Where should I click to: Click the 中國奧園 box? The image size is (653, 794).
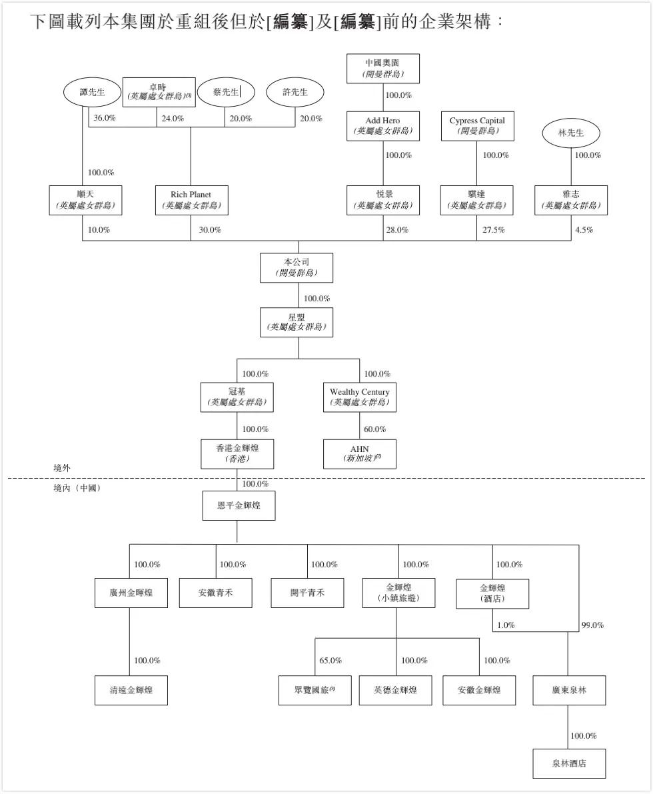coord(382,69)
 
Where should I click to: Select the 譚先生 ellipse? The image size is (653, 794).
coord(93,92)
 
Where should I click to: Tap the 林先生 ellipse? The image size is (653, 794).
coord(570,133)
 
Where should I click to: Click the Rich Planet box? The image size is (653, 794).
coord(191,200)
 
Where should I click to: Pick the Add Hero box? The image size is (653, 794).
coord(382,125)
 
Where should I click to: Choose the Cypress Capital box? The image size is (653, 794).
coord(477,125)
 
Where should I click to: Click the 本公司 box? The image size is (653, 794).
coord(296,267)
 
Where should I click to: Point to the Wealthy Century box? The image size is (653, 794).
coord(359,397)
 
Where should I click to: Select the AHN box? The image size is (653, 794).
coord(359,454)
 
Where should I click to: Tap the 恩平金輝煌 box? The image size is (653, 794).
coord(239,505)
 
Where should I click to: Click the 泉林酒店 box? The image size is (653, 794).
coord(569,763)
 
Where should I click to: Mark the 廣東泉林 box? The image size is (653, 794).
coord(569,690)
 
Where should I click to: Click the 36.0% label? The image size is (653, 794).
coord(105,119)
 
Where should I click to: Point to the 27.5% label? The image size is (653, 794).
coord(494,230)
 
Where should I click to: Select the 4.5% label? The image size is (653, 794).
coord(584,230)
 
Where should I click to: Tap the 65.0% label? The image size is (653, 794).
coord(330,661)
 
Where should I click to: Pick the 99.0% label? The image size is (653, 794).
coord(592,625)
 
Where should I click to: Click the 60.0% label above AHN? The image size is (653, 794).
coord(374,429)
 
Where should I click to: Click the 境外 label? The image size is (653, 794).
coord(62,468)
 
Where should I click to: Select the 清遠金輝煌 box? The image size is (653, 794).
coord(131,690)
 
